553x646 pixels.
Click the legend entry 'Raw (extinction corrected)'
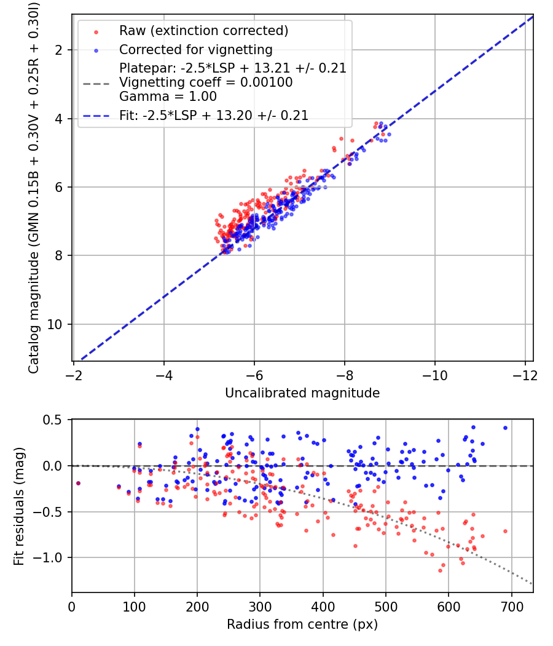click(x=203, y=31)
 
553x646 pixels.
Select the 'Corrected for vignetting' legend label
click(x=196, y=50)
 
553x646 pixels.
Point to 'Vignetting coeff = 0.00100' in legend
click(x=206, y=82)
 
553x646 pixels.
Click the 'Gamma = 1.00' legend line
click(x=168, y=97)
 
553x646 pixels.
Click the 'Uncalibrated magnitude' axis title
click(x=302, y=393)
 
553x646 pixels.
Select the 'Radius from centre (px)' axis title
click(x=302, y=624)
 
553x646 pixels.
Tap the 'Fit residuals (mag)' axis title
click(x=19, y=506)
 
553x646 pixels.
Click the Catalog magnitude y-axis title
click(x=33, y=188)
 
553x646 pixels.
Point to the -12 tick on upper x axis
click(x=525, y=376)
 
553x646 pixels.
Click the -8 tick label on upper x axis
click(x=344, y=376)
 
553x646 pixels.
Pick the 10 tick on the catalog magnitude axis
click(x=54, y=325)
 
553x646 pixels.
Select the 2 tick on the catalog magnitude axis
click(x=59, y=50)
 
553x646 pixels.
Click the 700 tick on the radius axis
click(x=511, y=607)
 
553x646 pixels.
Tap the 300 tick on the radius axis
click(x=260, y=607)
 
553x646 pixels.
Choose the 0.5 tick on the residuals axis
click(x=53, y=420)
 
